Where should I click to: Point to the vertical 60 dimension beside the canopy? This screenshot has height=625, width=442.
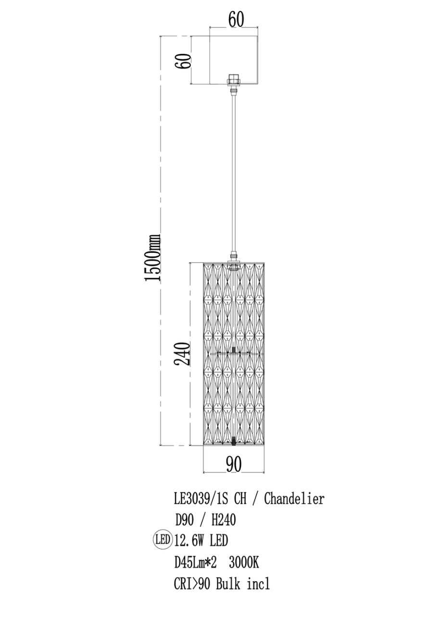click(183, 61)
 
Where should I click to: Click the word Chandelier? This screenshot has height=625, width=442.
click(294, 499)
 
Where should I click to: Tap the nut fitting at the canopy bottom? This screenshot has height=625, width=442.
click(234, 80)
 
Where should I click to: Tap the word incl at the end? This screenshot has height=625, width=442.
click(258, 584)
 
